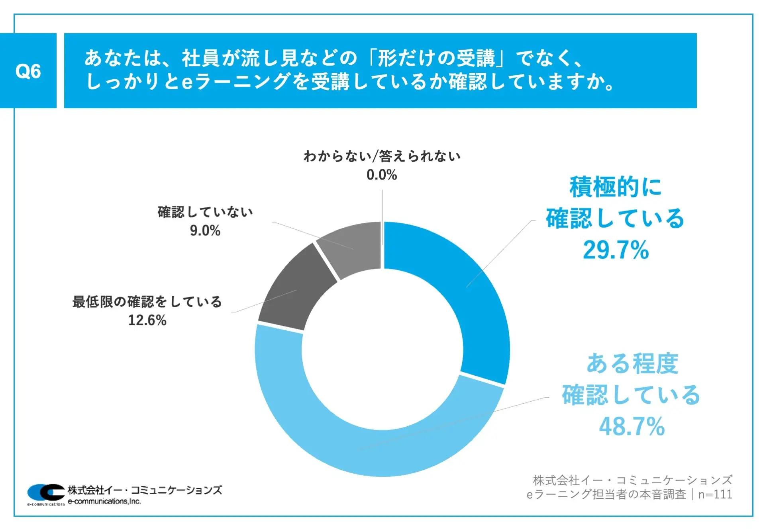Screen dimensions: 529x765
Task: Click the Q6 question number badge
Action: coord(28,71)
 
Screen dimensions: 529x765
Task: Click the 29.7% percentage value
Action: coord(616,250)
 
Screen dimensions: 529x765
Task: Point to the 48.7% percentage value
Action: coord(632,426)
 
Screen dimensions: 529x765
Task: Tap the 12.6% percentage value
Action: coord(147,320)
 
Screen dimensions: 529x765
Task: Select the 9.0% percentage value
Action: coord(205,230)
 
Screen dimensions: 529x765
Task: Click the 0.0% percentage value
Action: coord(382,175)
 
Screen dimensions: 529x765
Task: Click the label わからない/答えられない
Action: coord(382,156)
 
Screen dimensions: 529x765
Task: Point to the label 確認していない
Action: coord(205,212)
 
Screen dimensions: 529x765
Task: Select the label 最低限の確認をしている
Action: coord(147,302)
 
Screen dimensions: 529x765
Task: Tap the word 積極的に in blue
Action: coord(616,187)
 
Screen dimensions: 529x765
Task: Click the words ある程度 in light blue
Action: coord(632,363)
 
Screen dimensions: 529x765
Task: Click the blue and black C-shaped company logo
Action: coord(46,493)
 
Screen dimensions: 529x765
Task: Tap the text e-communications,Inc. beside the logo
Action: coord(104,502)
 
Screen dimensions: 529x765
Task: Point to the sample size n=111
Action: coord(715,494)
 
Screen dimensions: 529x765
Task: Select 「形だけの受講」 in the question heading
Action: coord(436,58)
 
